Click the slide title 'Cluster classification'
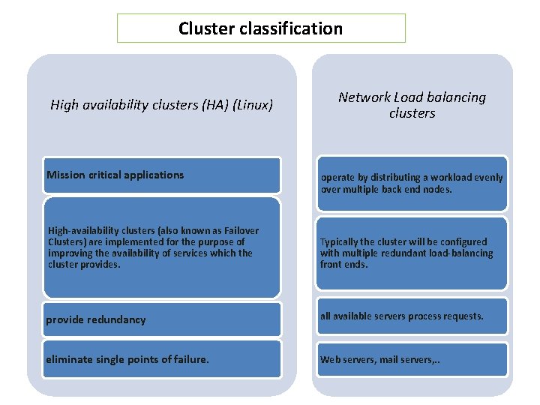pos(260,28)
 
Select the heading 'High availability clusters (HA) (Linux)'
pos(161,105)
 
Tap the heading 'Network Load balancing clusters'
pos(412,105)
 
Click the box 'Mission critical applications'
pos(161,175)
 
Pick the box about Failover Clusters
pos(161,247)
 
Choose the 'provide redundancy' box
pos(161,319)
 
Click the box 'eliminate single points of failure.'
pos(161,359)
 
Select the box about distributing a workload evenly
pos(412,184)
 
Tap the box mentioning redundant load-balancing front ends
pos(412,253)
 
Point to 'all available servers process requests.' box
pos(412,316)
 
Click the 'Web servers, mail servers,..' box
pos(412,359)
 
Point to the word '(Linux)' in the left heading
pos(253,105)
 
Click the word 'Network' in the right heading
pos(364,97)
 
